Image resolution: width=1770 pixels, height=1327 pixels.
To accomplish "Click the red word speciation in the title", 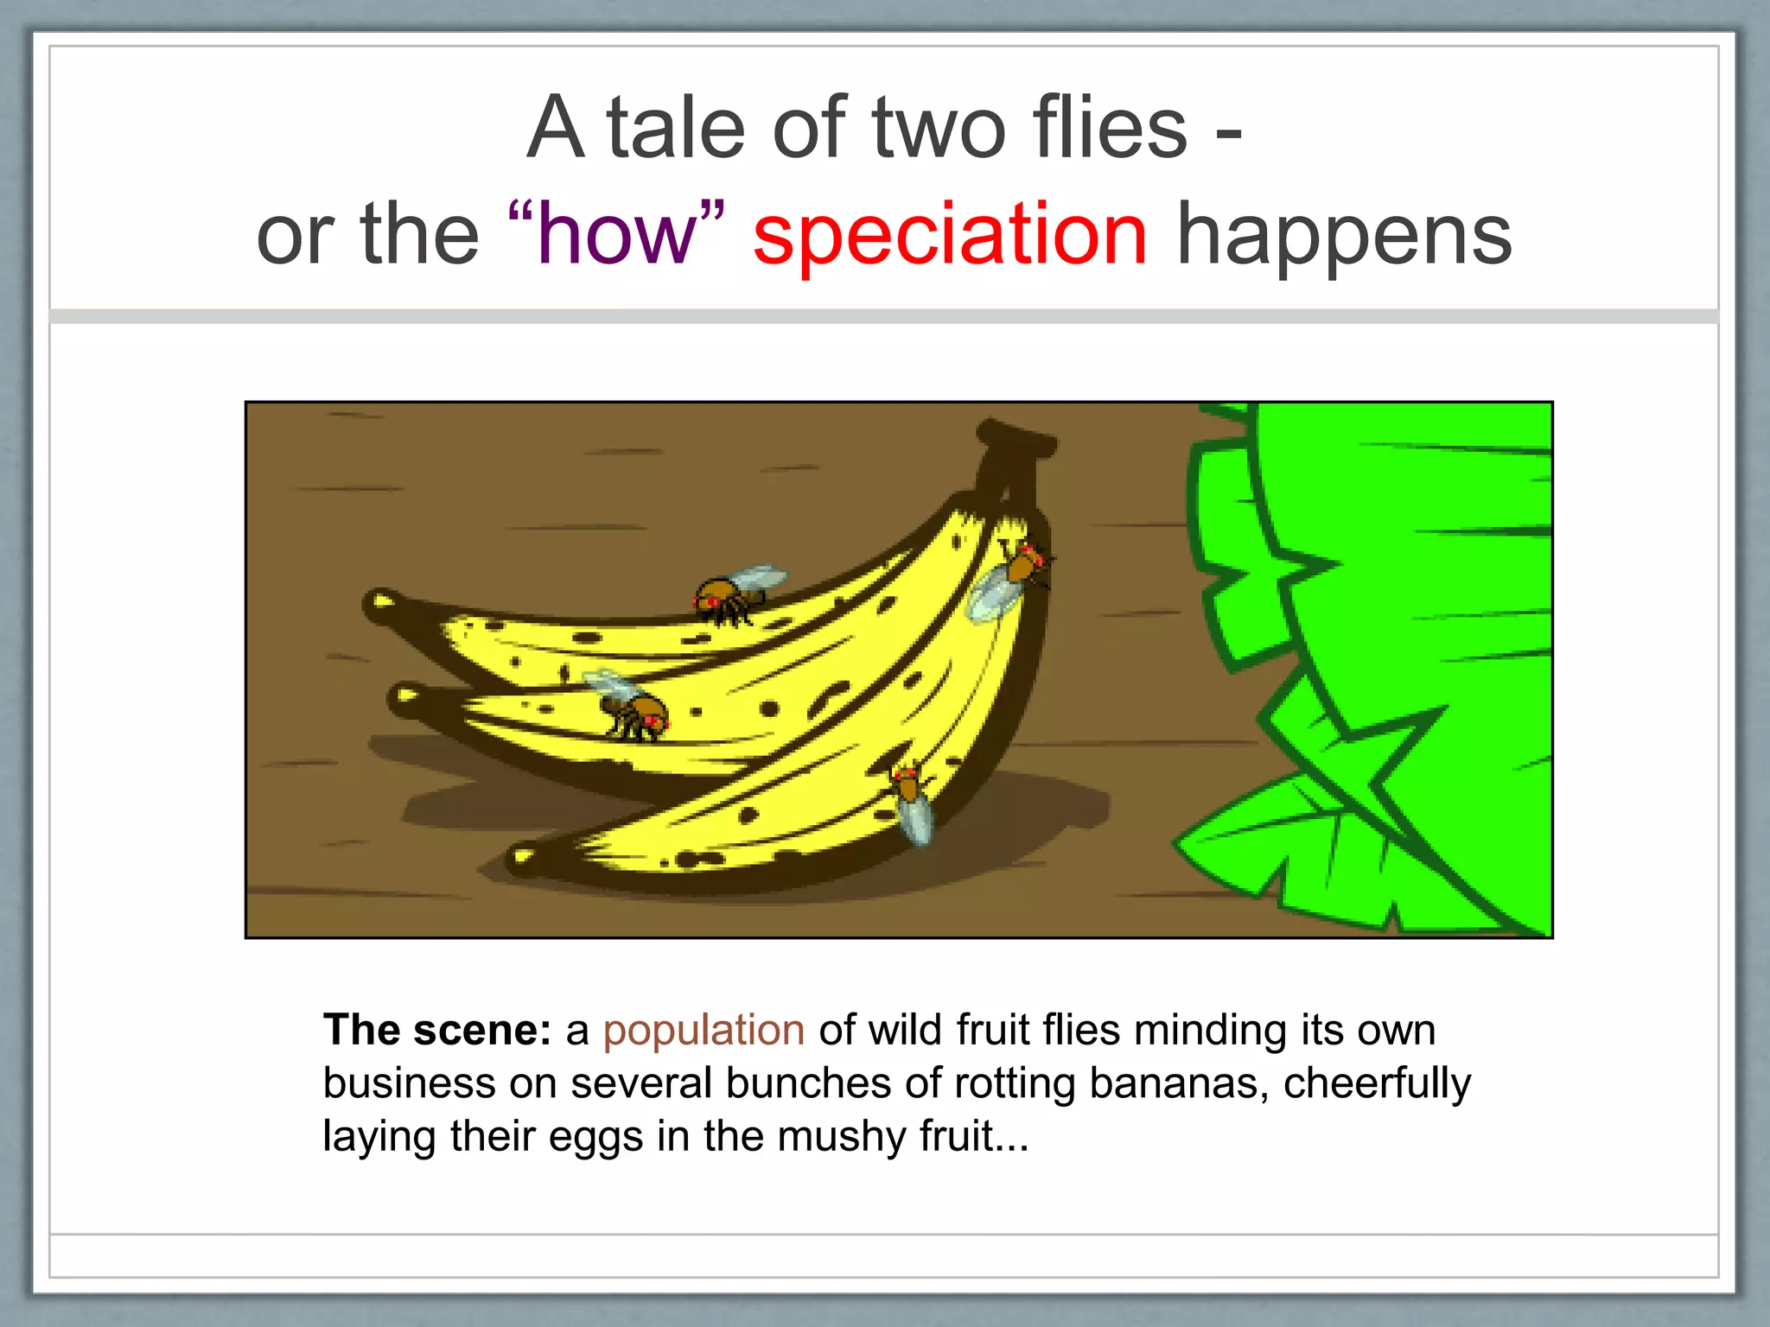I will (x=950, y=234).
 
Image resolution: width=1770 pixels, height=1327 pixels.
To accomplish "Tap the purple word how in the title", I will (x=616, y=234).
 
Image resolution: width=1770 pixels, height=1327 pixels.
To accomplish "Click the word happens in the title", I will (x=1344, y=234).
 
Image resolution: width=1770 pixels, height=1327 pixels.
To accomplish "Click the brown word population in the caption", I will (x=704, y=1030).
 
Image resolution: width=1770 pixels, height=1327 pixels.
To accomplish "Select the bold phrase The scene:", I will (x=436, y=1030).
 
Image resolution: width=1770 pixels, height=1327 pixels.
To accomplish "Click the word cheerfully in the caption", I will (x=1377, y=1083).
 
